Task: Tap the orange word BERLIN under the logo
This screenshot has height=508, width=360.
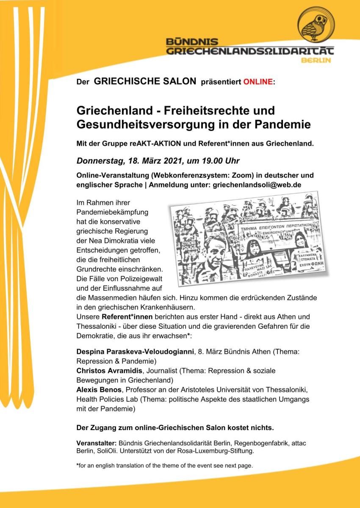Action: coord(316,60)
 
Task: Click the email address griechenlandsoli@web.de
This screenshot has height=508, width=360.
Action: coord(257,185)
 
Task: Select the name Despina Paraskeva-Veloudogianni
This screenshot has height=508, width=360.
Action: coord(135,352)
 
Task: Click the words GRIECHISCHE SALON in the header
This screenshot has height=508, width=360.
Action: coord(145,81)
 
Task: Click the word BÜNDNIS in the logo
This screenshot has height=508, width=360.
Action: coord(192,42)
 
